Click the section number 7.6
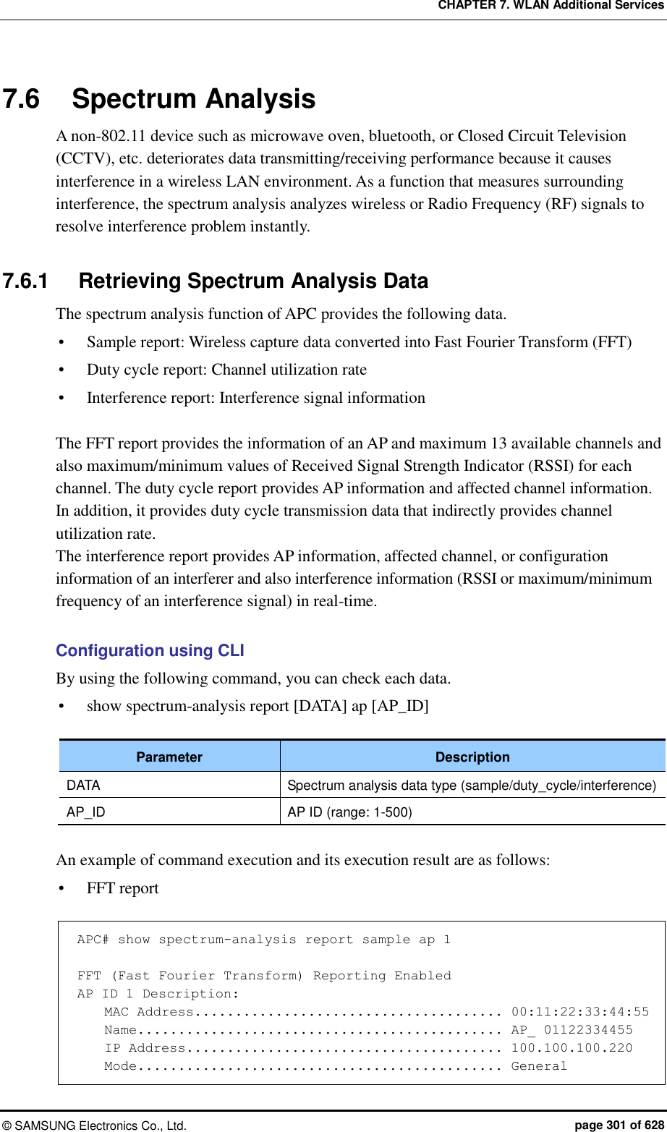tap(22, 99)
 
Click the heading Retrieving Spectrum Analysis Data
tap(253, 281)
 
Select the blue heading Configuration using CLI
tap(150, 650)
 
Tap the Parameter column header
tap(169, 757)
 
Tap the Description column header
tap(472, 757)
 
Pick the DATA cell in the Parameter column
tap(84, 785)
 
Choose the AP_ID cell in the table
tap(86, 812)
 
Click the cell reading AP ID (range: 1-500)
tap(349, 812)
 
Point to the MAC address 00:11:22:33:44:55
tap(579, 1012)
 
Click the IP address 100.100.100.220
tap(572, 1048)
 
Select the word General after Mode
tap(539, 1066)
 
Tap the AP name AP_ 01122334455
tap(572, 1030)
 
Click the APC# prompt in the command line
tap(93, 940)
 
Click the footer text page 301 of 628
tap(619, 1125)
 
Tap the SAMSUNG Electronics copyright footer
tap(94, 1125)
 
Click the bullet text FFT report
tap(122, 888)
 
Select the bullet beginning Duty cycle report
tap(226, 370)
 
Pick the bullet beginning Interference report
tap(255, 398)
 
